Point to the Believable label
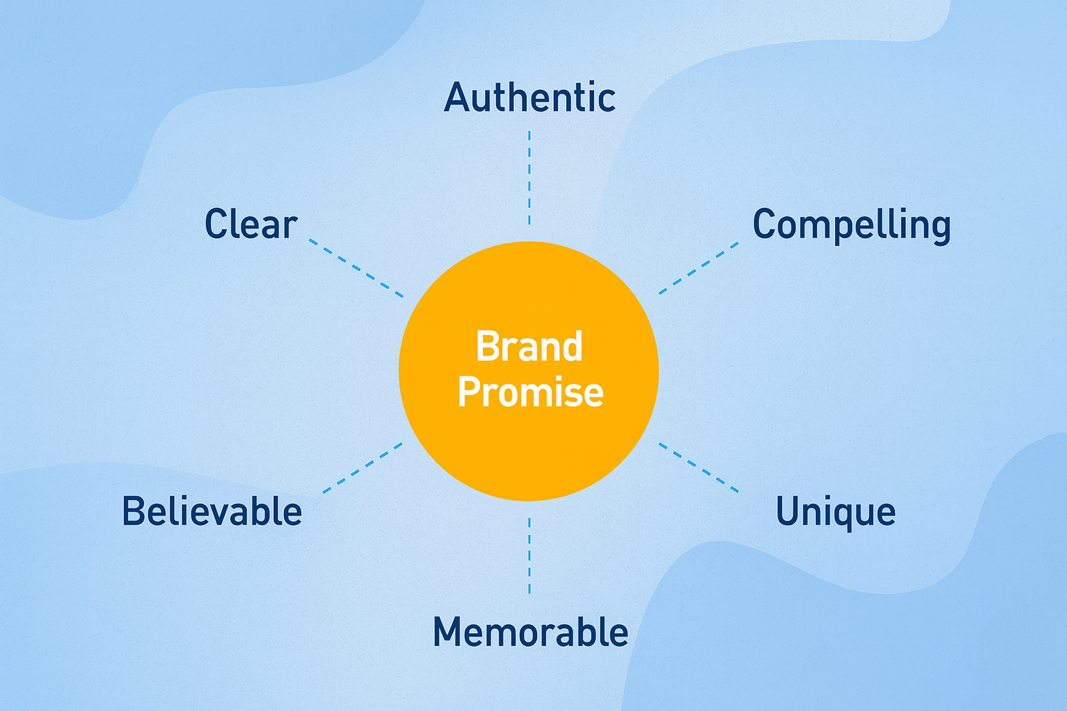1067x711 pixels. click(x=212, y=511)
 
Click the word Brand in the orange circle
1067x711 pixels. click(x=529, y=346)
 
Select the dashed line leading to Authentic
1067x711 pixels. click(x=529, y=178)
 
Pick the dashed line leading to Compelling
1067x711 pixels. click(x=699, y=268)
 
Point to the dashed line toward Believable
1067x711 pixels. click(x=362, y=467)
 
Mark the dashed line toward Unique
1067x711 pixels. click(x=699, y=467)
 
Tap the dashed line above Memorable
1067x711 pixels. click(x=529, y=555)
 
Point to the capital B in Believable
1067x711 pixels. click(x=134, y=511)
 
